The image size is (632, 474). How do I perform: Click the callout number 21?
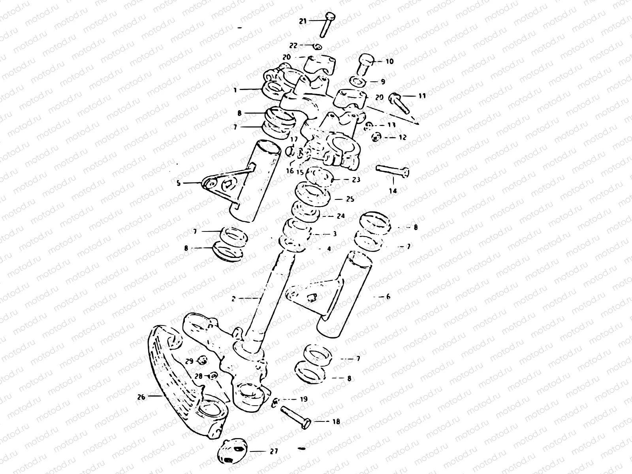click(x=303, y=21)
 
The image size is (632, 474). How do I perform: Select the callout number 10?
click(x=389, y=62)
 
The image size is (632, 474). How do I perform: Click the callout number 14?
click(x=393, y=191)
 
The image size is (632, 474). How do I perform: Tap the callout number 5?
click(x=178, y=183)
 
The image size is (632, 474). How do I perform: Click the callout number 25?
click(x=350, y=199)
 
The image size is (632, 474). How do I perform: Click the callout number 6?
click(x=388, y=296)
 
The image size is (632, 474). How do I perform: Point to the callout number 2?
click(x=233, y=299)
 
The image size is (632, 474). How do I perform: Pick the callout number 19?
click(x=303, y=399)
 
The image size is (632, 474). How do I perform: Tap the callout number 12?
click(x=403, y=137)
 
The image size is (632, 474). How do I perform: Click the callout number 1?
click(x=235, y=90)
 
